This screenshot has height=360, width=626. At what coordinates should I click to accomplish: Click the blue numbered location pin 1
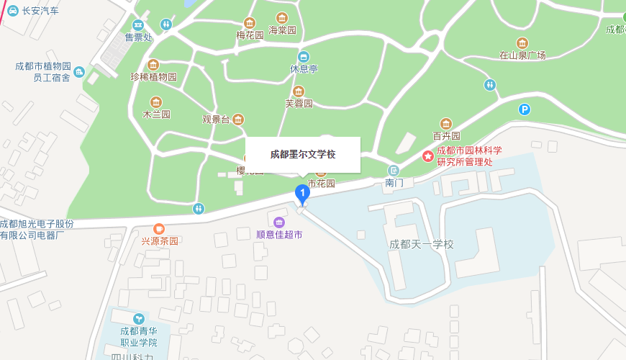[x=302, y=193]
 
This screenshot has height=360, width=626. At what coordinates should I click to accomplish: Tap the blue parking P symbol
[x=525, y=109]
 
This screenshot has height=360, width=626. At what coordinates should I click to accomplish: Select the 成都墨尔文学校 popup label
[x=303, y=154]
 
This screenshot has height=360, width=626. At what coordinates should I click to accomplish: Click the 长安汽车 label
[x=40, y=11]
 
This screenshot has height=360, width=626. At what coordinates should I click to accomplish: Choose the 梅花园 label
[x=250, y=35]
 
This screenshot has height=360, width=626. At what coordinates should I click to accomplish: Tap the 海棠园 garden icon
[x=282, y=18]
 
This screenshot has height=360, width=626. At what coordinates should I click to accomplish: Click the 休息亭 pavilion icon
[x=304, y=57]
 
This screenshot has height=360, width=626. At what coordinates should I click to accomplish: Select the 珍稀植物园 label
[x=153, y=76]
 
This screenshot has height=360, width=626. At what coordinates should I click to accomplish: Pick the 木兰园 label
[x=156, y=114]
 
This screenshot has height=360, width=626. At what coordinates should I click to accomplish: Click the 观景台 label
[x=216, y=120]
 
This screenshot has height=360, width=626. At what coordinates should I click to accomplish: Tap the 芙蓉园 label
[x=299, y=103]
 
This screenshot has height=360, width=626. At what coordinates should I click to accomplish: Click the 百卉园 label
[x=446, y=135]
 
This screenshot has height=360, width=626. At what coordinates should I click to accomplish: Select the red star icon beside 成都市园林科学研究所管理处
[x=428, y=156]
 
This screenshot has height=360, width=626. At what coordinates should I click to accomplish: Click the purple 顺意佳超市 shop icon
[x=279, y=221]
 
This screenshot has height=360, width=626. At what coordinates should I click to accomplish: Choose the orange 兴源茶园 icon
[x=159, y=228]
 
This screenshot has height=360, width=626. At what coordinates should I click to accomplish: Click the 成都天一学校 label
[x=422, y=244]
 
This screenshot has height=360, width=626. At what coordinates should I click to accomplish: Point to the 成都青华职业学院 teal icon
[x=138, y=318]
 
